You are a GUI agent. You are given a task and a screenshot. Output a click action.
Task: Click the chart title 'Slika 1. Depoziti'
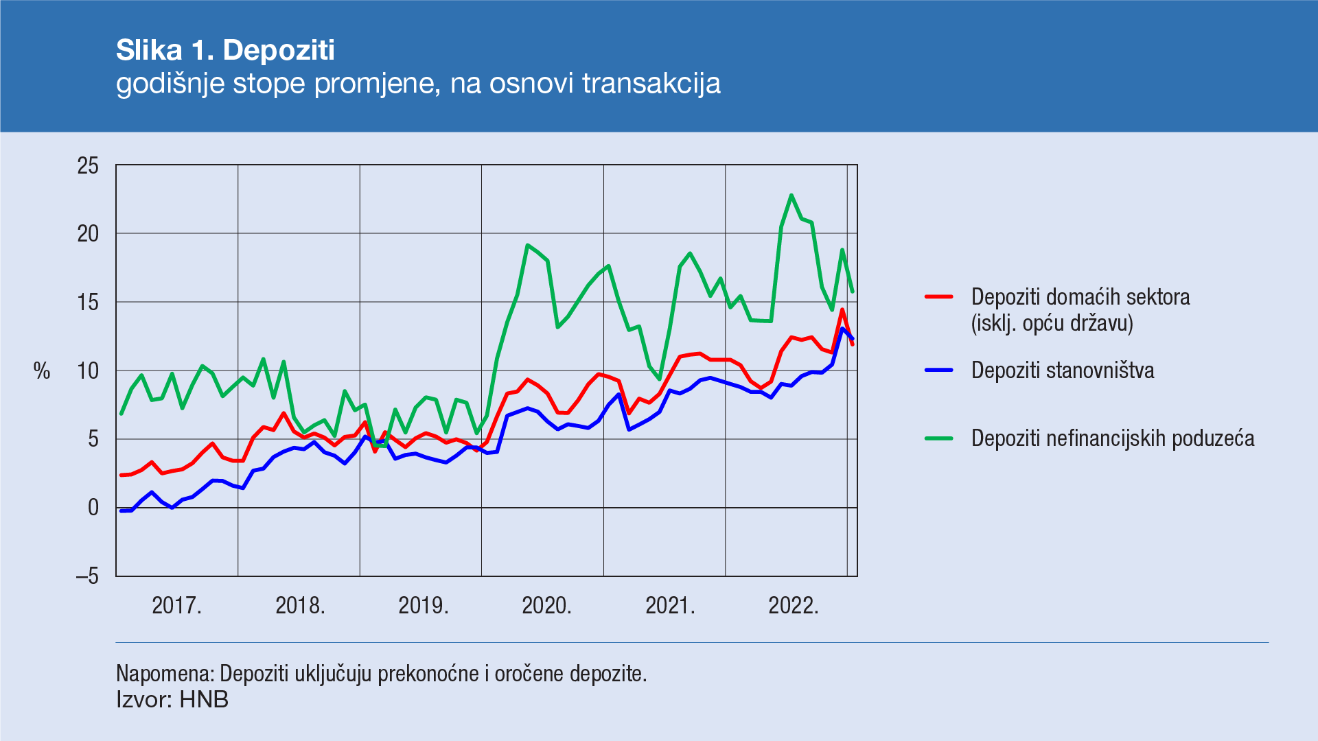[x=225, y=50]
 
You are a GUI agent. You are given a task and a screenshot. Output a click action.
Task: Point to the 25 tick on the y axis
[x=88, y=165]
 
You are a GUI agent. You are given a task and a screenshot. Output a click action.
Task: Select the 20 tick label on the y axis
[x=88, y=234]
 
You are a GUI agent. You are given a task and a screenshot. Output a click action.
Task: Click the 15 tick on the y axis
[x=88, y=302]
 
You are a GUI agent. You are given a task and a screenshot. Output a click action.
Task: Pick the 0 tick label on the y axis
[x=93, y=508]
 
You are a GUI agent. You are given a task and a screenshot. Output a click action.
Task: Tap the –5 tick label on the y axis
[x=87, y=576]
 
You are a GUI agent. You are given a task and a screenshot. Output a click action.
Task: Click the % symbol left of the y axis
[x=42, y=371]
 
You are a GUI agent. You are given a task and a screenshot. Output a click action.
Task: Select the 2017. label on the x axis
[x=176, y=605]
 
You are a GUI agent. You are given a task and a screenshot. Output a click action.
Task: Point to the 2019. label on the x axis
[x=424, y=605]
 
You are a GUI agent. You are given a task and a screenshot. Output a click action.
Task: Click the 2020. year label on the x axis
[x=546, y=605]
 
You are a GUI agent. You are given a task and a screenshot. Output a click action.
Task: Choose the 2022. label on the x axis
[x=794, y=605]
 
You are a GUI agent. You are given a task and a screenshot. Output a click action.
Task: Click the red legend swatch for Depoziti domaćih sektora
[x=938, y=297]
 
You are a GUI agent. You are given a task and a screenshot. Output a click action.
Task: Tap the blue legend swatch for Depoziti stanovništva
[x=938, y=370]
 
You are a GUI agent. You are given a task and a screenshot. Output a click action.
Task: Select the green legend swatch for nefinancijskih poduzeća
[x=938, y=438]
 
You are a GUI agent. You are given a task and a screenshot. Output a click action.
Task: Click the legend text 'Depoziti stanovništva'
[x=1063, y=370]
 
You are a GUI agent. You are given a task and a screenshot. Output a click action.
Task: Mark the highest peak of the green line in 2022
[x=791, y=195]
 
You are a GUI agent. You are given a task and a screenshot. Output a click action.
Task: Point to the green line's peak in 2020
[x=527, y=245]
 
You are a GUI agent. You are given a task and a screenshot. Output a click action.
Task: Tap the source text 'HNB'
[x=204, y=700]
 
